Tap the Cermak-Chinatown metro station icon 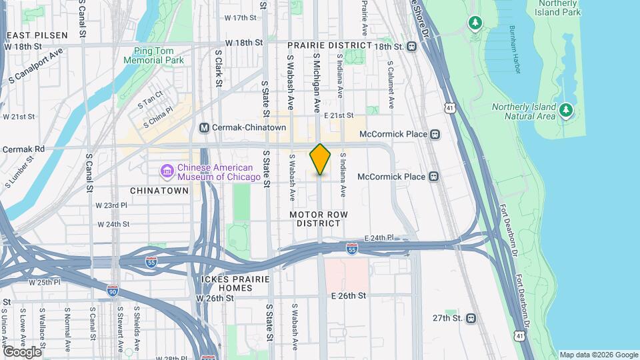(205, 127)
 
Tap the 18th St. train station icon (412, 47)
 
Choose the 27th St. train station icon (471, 319)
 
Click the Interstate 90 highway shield (113, 291)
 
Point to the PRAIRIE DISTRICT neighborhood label (329, 45)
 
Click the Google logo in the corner (22, 351)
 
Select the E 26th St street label (343, 295)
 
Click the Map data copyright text (598, 355)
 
